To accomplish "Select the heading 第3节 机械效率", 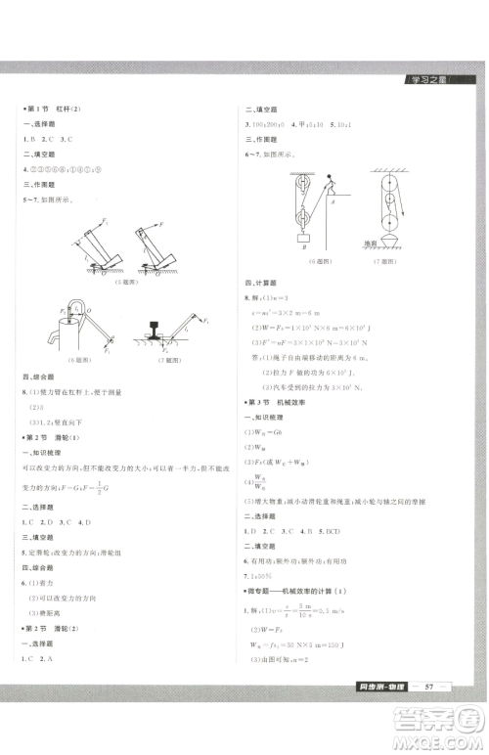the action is tap(282, 402).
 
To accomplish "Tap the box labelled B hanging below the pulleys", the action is tap(305, 235).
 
